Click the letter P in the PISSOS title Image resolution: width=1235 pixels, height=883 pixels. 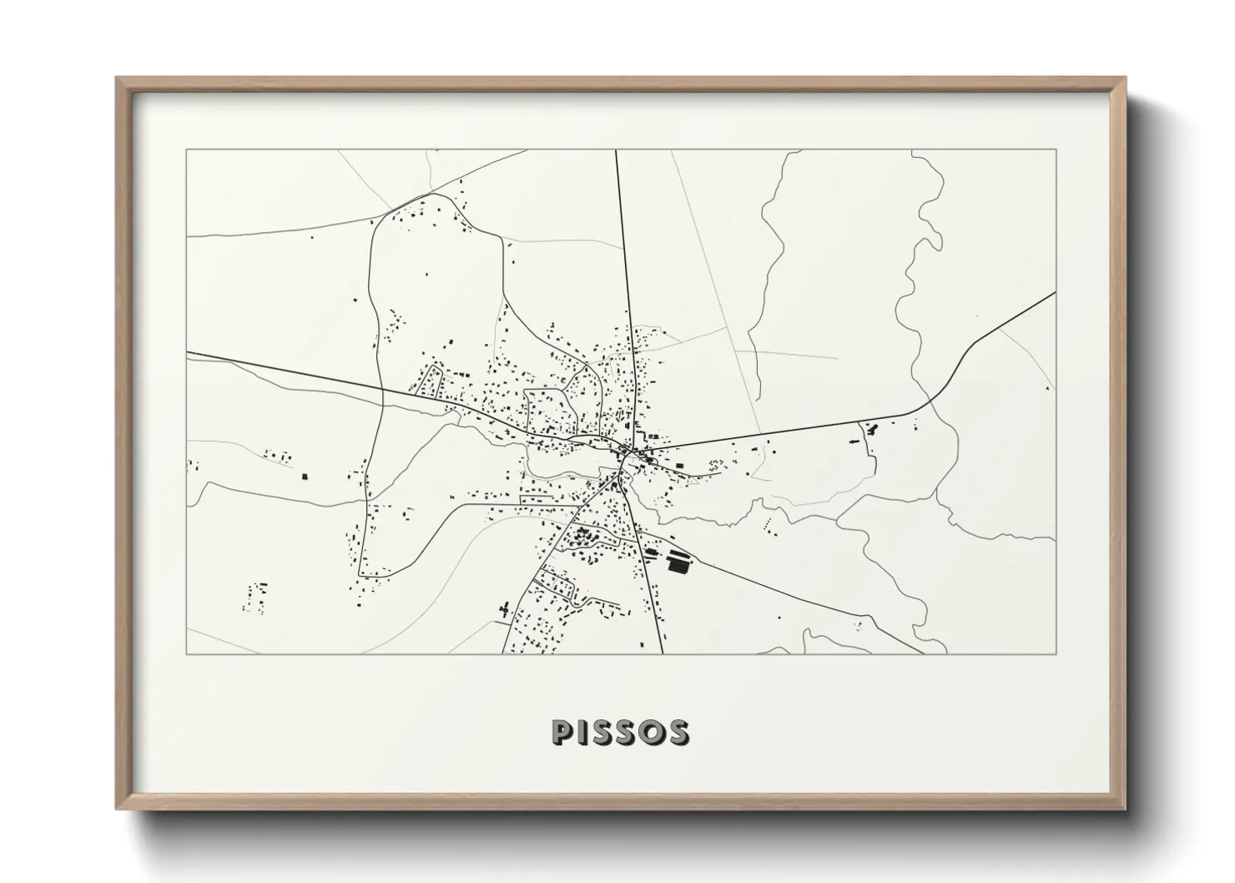click(562, 732)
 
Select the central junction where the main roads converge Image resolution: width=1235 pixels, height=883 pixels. click(624, 452)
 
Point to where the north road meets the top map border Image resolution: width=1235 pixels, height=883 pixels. click(616, 150)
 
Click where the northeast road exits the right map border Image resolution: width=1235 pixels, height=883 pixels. click(1056, 293)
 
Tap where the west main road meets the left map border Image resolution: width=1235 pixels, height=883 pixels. click(187, 352)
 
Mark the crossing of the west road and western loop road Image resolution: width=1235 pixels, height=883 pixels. click(381, 389)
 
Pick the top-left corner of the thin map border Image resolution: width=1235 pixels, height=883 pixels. click(187, 150)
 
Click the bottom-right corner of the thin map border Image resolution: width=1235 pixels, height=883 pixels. click(1056, 653)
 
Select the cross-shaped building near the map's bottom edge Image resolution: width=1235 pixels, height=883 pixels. click(504, 610)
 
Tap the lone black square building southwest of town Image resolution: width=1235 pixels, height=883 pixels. click(305, 477)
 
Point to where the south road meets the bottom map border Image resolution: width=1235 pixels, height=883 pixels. click(663, 653)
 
